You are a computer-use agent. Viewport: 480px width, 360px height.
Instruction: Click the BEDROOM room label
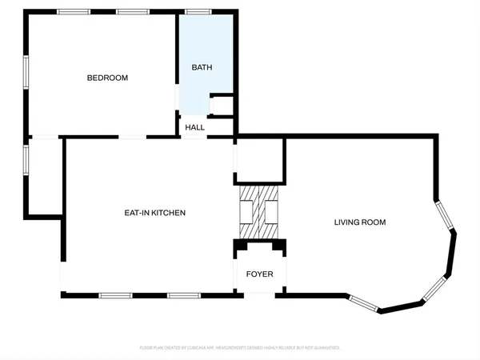(107, 78)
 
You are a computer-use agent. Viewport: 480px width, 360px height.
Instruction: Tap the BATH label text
(202, 68)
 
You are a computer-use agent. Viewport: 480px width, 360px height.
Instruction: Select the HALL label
(195, 127)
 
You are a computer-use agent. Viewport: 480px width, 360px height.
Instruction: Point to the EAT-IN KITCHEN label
(154, 213)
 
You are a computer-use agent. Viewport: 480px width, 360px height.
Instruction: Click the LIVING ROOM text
(360, 222)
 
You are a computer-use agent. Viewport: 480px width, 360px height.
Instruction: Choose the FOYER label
(259, 274)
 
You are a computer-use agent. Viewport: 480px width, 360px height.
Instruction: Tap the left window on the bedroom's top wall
(74, 12)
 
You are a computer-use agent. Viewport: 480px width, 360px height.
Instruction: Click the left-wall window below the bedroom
(26, 157)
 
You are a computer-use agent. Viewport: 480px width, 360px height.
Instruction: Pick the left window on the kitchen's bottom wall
(114, 296)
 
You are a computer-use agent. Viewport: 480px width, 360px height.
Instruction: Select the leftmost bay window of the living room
(362, 302)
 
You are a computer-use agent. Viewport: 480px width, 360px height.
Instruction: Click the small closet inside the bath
(221, 105)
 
